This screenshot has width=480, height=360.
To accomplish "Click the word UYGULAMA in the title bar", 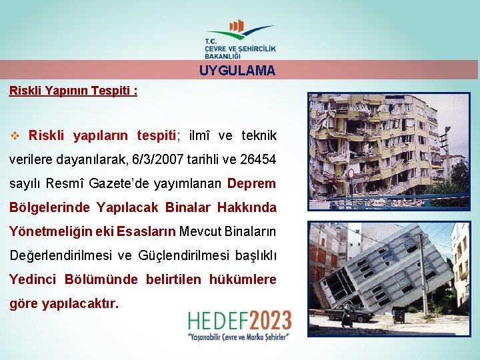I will point(237,71).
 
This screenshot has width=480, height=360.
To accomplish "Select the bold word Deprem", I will point(251,183).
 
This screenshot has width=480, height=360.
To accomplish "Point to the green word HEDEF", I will point(214,321).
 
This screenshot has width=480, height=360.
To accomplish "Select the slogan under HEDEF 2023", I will point(239,337).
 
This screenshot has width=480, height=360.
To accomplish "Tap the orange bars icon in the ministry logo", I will point(236,26).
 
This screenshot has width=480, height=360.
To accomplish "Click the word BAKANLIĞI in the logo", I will point(223,56).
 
